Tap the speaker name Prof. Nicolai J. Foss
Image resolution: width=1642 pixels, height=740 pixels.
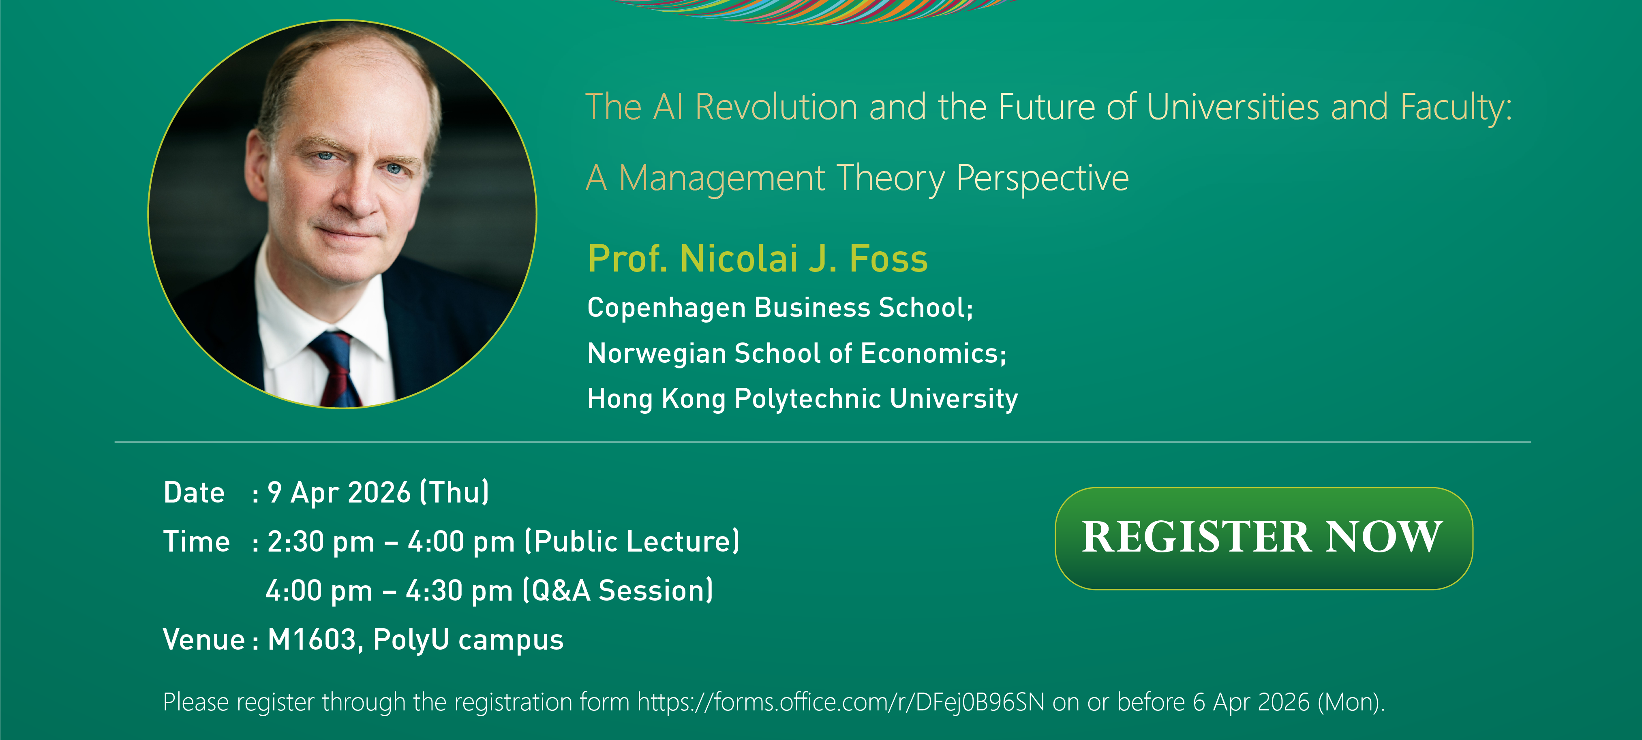[757, 259]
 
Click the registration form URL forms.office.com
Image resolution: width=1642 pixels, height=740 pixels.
[841, 702]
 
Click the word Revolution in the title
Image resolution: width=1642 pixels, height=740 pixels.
[776, 107]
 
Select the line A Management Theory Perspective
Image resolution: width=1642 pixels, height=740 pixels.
[857, 178]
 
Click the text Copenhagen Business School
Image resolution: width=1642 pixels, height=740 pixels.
[779, 308]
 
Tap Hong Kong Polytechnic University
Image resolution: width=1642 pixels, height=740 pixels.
[802, 399]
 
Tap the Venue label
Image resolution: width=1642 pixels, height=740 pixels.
[203, 639]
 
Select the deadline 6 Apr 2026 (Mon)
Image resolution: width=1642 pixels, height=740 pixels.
[1288, 702]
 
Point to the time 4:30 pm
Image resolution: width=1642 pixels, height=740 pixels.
[459, 591]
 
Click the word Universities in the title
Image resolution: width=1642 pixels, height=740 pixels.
[1232, 107]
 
